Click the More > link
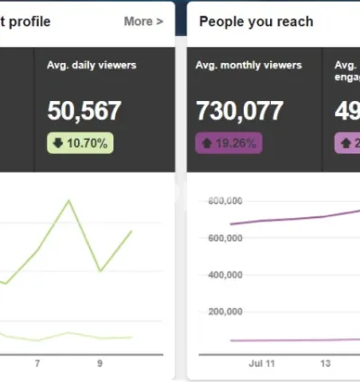143,21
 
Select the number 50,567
84,111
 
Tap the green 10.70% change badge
80,142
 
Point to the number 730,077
239,111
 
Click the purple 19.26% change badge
229,142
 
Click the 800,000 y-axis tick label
225,201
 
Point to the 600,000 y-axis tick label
225,238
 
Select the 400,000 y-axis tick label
225,275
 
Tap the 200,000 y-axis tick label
225,312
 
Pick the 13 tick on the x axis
324,363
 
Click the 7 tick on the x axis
37,363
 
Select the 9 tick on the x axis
100,363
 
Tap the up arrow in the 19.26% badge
207,142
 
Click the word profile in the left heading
29,21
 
